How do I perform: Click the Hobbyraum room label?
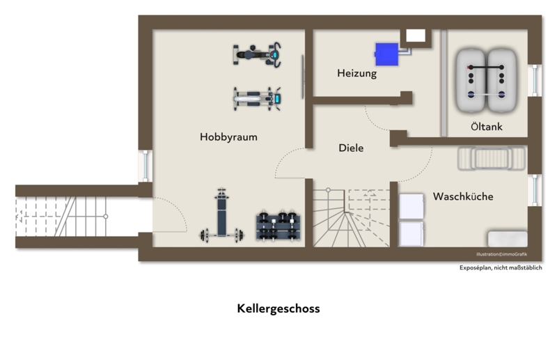(x=228, y=137)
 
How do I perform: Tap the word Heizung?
(x=357, y=74)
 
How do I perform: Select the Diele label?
(x=351, y=148)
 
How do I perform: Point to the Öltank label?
(x=487, y=126)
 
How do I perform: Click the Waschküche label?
(x=463, y=196)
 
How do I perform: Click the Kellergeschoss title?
(x=278, y=308)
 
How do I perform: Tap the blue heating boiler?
(x=386, y=54)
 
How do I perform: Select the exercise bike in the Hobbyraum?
(x=257, y=55)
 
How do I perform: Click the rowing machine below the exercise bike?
(x=257, y=98)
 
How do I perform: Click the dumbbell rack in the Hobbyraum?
(x=278, y=226)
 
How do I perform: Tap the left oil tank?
(x=471, y=81)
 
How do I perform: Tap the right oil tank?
(x=501, y=81)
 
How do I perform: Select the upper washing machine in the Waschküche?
(x=411, y=206)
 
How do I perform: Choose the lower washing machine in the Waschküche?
(x=411, y=233)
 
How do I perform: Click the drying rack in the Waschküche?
(x=492, y=158)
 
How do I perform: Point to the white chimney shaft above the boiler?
(x=416, y=36)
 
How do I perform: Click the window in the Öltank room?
(x=535, y=81)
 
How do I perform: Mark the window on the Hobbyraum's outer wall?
(x=146, y=166)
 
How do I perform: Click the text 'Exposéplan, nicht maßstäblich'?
(x=501, y=267)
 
